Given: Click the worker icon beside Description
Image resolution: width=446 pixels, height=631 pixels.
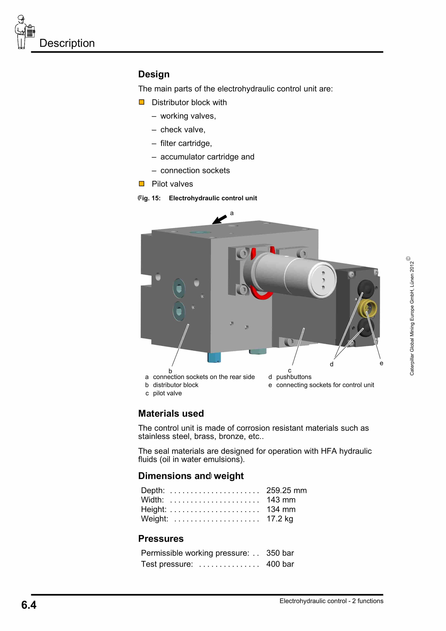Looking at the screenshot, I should (x=24, y=32).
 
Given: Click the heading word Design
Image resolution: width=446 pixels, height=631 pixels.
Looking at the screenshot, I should (x=154, y=74).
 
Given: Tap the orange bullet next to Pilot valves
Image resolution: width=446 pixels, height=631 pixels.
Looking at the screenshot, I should (x=142, y=184).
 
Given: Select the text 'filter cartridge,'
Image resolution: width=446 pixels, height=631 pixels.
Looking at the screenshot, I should (x=186, y=143).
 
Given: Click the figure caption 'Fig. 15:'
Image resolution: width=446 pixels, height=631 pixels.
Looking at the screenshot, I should (x=149, y=198).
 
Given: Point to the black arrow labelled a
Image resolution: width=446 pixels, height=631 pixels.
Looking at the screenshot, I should (x=219, y=220).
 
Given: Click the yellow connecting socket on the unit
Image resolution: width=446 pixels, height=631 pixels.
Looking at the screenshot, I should (x=368, y=308).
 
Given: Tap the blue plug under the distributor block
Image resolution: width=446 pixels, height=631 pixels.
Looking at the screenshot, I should (x=214, y=357).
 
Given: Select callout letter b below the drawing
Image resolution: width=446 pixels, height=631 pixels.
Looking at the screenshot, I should (x=170, y=371).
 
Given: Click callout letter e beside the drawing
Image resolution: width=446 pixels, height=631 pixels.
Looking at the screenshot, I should (x=381, y=363).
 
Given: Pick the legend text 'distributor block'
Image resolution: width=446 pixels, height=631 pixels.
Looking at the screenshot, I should (x=175, y=385).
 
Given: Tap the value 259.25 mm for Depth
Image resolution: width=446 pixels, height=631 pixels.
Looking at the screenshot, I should (x=286, y=490).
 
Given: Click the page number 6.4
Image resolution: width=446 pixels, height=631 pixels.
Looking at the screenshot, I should (x=29, y=605).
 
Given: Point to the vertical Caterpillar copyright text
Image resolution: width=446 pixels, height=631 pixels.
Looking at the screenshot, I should (x=412, y=316).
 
